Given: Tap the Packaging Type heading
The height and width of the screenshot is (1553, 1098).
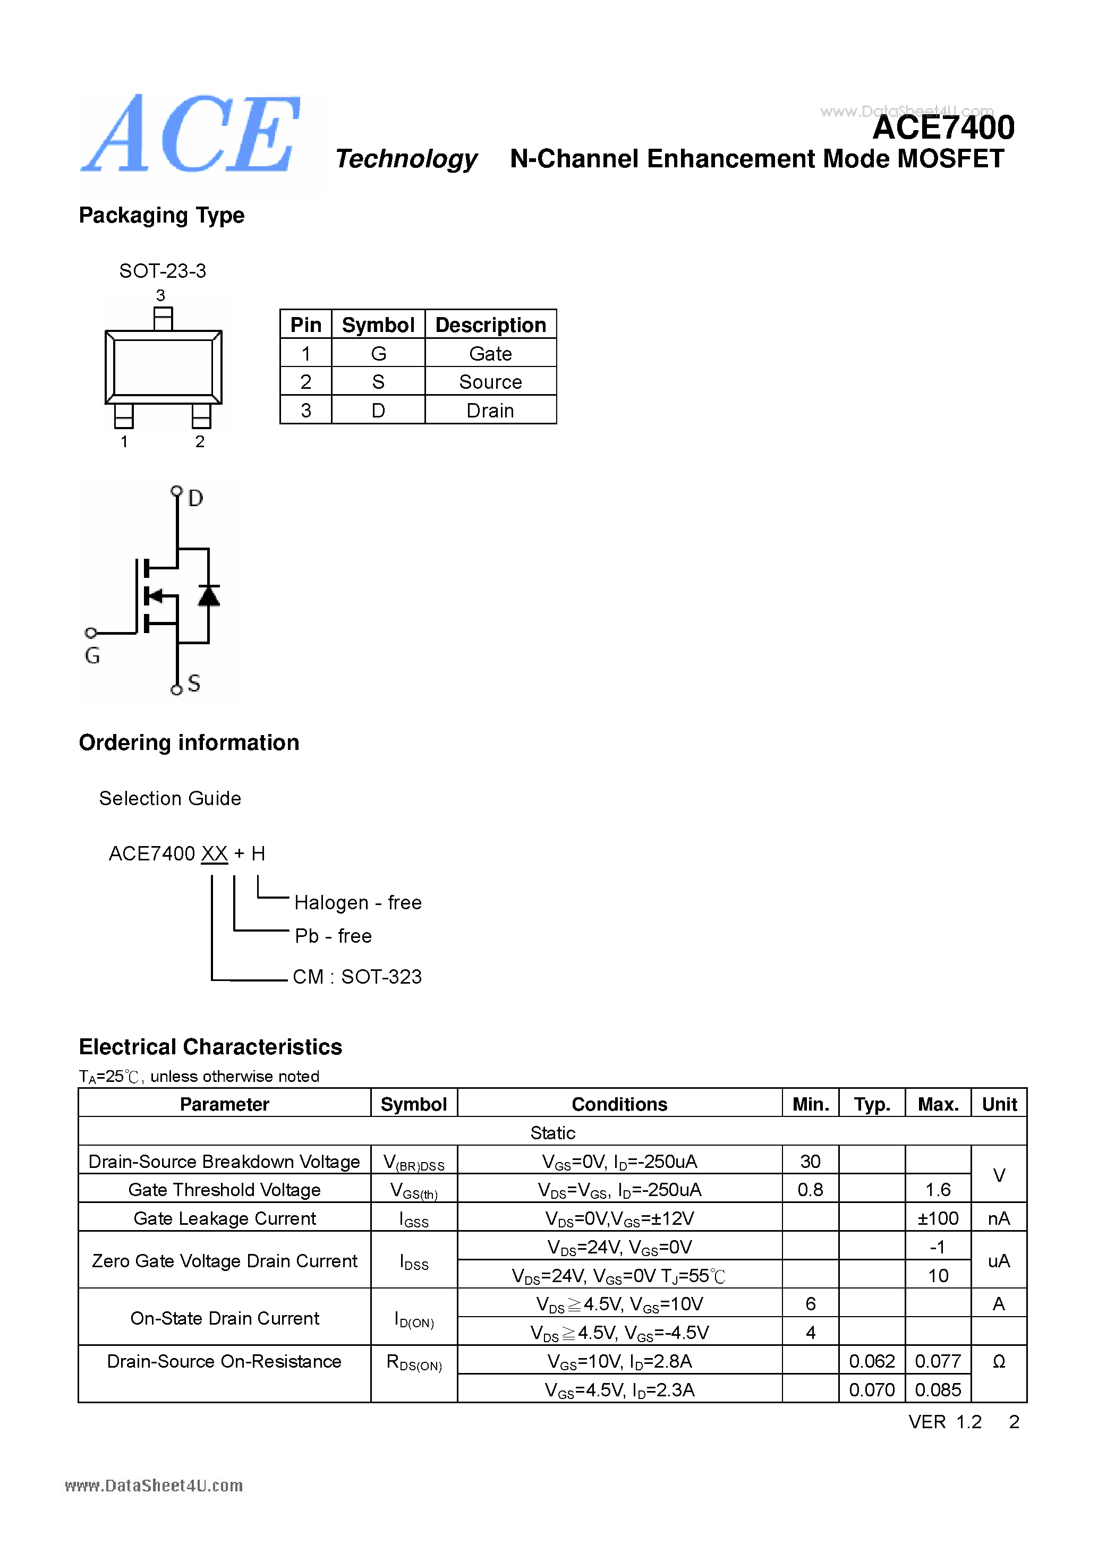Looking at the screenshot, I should pyautogui.click(x=161, y=215).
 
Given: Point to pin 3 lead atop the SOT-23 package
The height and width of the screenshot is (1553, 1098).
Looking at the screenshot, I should pyautogui.click(x=163, y=319).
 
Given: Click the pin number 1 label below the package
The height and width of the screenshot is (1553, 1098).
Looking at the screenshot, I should pyautogui.click(x=124, y=442).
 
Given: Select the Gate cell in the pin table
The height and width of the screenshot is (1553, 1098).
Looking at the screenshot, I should pyautogui.click(x=490, y=354).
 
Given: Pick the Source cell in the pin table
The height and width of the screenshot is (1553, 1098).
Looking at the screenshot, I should pyautogui.click(x=490, y=382).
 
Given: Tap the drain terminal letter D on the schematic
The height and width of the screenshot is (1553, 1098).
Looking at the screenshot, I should pyautogui.click(x=195, y=499).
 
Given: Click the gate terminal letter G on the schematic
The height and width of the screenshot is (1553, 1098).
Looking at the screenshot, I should pyautogui.click(x=92, y=655).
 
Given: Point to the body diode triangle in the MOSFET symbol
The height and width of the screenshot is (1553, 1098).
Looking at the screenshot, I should pyautogui.click(x=208, y=595).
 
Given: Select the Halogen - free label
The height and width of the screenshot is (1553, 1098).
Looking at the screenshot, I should pyautogui.click(x=358, y=902).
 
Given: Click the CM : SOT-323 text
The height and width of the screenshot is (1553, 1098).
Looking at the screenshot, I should pyautogui.click(x=357, y=977).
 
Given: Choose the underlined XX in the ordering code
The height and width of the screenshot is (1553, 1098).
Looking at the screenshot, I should pyautogui.click(x=215, y=854).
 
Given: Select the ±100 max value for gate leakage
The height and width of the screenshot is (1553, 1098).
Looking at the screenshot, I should pyautogui.click(x=938, y=1218).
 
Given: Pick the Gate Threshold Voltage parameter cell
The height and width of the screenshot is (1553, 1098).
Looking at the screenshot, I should pyautogui.click(x=224, y=1190).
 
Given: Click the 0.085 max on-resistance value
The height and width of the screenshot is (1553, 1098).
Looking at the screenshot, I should pyautogui.click(x=938, y=1390).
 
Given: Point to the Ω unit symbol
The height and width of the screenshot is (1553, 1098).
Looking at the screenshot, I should pyautogui.click(x=999, y=1362).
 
